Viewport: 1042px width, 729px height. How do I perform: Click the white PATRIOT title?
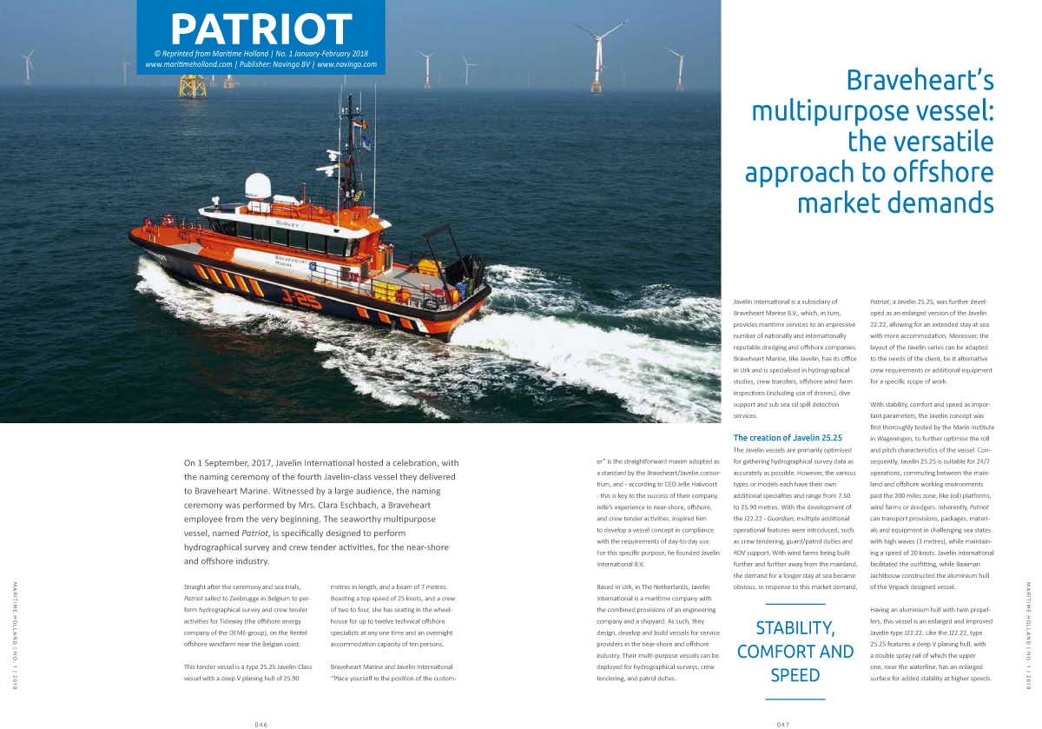260,29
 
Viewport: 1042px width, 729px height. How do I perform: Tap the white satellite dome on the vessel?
258,185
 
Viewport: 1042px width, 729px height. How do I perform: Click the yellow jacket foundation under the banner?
193,86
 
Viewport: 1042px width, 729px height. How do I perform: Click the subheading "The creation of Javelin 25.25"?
788,438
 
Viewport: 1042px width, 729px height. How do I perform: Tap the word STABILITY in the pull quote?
795,627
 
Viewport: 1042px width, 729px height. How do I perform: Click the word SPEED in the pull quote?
795,674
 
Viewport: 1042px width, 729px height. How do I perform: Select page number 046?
260,723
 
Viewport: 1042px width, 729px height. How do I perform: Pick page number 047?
781,723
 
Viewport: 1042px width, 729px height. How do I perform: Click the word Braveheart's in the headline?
920,82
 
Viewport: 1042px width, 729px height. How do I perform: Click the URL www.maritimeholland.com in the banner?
188,64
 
